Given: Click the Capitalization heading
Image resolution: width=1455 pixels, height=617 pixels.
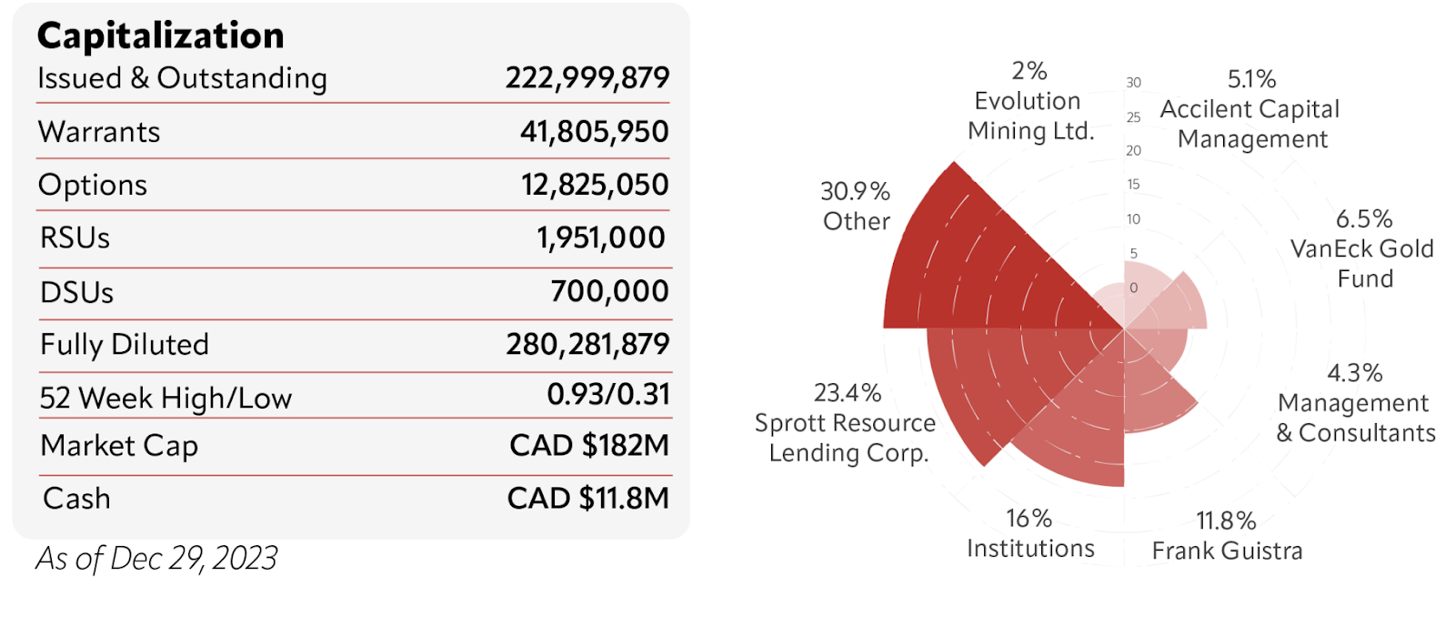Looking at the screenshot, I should pos(160,35).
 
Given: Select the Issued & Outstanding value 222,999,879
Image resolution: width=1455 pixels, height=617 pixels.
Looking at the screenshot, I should pos(587,78).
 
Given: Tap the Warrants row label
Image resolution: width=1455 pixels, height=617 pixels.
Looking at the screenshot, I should pos(99,132).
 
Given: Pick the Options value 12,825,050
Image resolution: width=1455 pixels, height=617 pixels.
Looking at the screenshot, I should pos(595,185).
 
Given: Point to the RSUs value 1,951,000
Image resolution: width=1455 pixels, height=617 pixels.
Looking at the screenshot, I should pos(601,238).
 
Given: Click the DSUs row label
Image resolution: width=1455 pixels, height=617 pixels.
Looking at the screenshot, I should pos(77,293).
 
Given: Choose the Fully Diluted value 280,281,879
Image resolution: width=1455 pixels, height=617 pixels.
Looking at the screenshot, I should pos(587,345).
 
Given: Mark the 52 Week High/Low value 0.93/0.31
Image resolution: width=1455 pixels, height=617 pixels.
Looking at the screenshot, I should pos(608,395).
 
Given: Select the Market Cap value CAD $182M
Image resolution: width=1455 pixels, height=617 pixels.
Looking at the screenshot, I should pos(589,446).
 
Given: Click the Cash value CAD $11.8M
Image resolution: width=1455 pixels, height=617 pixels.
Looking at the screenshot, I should pos(588,499).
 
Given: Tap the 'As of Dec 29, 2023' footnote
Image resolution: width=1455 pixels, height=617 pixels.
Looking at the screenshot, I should pos(156,558).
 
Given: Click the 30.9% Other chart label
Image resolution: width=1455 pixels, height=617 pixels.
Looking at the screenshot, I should pos(856,207).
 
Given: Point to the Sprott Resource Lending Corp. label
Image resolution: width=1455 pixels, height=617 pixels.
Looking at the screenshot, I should pos(844,423).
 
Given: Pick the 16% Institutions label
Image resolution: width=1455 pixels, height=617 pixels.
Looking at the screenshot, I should pos(1030,534).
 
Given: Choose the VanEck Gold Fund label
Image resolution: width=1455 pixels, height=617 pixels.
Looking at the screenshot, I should pos(1362,249).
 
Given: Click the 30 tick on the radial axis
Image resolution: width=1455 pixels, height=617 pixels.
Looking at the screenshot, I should pos(1133,83).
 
